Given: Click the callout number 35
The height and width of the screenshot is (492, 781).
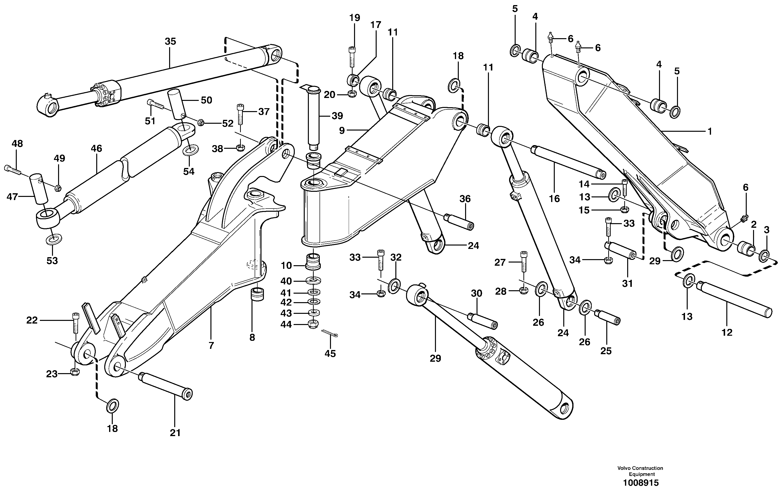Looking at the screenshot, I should click(170, 42).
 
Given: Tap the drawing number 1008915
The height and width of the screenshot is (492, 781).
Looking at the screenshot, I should click(641, 483).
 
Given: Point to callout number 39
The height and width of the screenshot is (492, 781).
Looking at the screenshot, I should click(337, 116).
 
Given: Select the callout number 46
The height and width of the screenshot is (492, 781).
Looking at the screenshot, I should click(96, 149).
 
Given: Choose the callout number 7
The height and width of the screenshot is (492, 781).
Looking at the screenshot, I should click(211, 346).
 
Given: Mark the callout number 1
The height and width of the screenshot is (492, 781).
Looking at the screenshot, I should click(709, 132).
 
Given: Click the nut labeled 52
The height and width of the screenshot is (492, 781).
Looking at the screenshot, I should click(200, 123).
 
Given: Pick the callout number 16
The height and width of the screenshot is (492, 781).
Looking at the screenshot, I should click(554, 199).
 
